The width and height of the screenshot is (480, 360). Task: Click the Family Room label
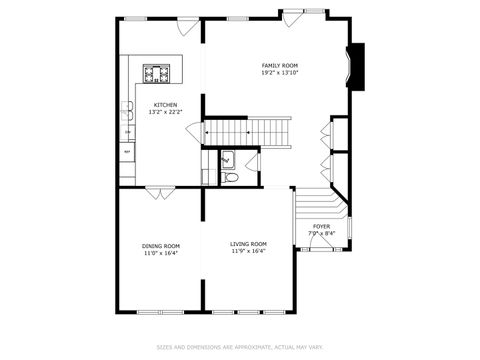(x=280, y=66)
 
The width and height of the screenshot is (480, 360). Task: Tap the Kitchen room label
(x=165, y=105)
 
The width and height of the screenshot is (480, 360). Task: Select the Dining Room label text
(x=160, y=245)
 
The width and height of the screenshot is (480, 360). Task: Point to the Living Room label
(x=248, y=244)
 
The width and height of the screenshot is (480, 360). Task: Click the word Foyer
(x=321, y=227)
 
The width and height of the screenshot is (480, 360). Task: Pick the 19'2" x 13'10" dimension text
(x=280, y=73)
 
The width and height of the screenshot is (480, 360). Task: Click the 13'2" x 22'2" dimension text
(x=165, y=112)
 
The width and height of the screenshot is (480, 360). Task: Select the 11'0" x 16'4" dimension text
(x=160, y=252)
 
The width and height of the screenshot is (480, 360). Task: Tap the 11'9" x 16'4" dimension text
(x=248, y=251)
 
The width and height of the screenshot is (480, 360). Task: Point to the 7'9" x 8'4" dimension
(x=321, y=234)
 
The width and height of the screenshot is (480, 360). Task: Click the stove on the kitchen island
(x=157, y=73)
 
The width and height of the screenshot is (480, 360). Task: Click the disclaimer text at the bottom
(x=240, y=347)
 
